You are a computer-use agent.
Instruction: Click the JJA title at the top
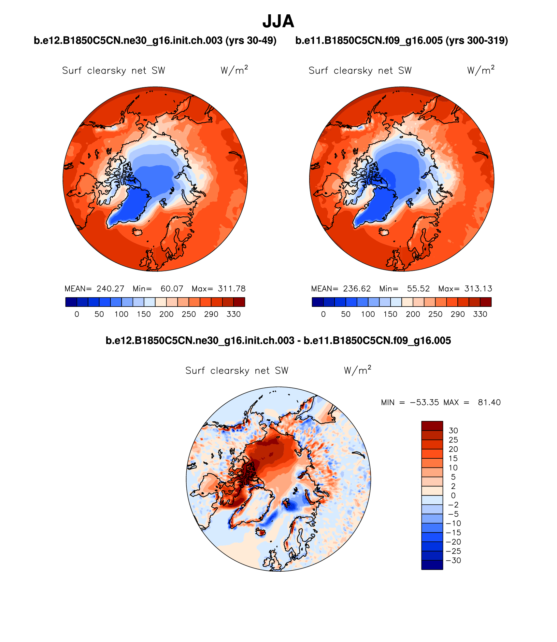point(278,21)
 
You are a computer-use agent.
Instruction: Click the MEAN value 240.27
point(110,289)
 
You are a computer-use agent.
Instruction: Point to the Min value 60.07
point(172,289)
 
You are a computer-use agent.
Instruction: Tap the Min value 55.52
point(418,289)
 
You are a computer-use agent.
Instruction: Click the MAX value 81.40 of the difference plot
point(489,402)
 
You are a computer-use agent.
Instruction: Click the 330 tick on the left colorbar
point(234,314)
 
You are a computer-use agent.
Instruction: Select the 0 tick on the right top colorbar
point(323,314)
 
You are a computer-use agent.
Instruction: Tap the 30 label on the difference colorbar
point(453,431)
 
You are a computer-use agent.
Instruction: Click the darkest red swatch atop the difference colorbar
point(432,426)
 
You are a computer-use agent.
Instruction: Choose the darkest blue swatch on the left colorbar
point(71,302)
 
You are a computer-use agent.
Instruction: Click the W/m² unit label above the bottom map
point(357,370)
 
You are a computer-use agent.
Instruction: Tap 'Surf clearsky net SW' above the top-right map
point(360,71)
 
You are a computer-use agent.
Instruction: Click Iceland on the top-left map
point(138,232)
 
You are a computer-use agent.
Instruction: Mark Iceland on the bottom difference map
point(261,532)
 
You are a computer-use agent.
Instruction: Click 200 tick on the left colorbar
point(166,314)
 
